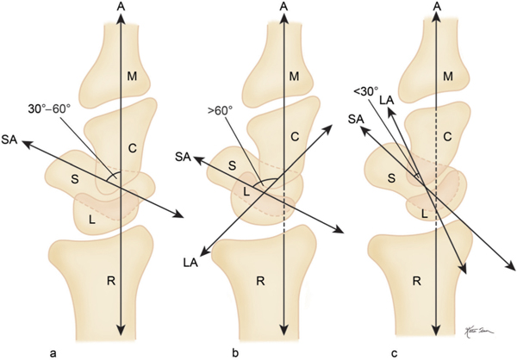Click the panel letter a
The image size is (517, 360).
[54, 350]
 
